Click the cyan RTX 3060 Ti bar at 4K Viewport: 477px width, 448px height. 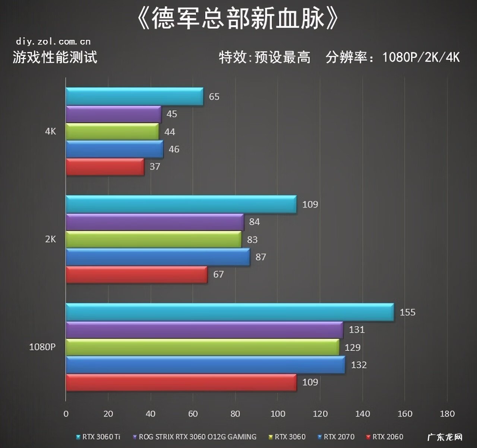click(x=134, y=96)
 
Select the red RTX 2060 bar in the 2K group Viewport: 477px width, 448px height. click(x=136, y=275)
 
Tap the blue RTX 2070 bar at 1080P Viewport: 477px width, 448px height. click(x=205, y=365)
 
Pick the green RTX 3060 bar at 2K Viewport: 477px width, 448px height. click(x=154, y=239)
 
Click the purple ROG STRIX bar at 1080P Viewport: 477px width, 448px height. click(x=204, y=330)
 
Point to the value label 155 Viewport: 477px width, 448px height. click(x=407, y=312)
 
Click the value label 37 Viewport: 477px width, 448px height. click(x=155, y=166)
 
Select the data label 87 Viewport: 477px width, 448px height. click(x=261, y=257)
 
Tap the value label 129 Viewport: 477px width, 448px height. click(x=353, y=348)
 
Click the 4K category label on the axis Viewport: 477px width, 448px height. click(x=50, y=131)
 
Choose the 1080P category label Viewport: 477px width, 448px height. click(x=42, y=347)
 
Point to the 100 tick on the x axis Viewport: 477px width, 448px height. click(x=278, y=413)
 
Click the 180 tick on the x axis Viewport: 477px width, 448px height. click(x=447, y=413)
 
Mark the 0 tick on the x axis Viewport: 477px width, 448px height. click(x=66, y=413)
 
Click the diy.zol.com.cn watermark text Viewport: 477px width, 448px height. click(x=53, y=41)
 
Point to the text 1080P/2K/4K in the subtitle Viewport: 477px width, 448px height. click(x=421, y=57)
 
